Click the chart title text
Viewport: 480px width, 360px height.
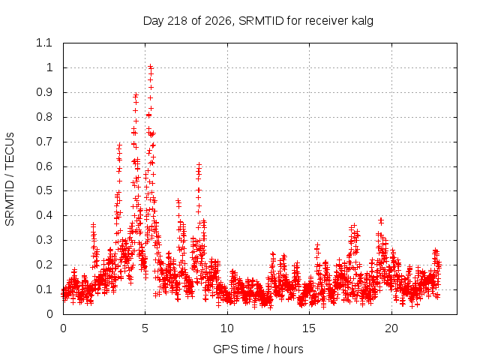(x=258, y=21)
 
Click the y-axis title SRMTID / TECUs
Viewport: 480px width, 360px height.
(x=10, y=179)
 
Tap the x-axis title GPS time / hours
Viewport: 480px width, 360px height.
(x=258, y=349)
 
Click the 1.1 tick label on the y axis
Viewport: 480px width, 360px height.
(x=44, y=43)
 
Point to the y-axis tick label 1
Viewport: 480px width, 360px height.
(x=49, y=67)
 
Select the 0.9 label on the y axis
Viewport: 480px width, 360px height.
(x=44, y=92)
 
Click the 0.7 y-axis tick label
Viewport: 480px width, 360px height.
(x=44, y=142)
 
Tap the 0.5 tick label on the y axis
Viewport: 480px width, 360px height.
(x=44, y=190)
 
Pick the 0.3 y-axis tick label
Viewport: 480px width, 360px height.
(x=44, y=240)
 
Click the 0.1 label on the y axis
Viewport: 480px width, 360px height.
(x=44, y=289)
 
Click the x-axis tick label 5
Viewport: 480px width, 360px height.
(x=145, y=328)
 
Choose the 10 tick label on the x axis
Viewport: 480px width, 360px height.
(x=227, y=328)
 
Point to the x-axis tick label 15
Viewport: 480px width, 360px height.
(x=309, y=328)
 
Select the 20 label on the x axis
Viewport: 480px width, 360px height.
(x=391, y=328)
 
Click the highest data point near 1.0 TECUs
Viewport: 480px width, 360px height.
(x=150, y=66)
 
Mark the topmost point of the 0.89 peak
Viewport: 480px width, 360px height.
(x=136, y=95)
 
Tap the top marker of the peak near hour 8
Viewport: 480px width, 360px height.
(x=199, y=165)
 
